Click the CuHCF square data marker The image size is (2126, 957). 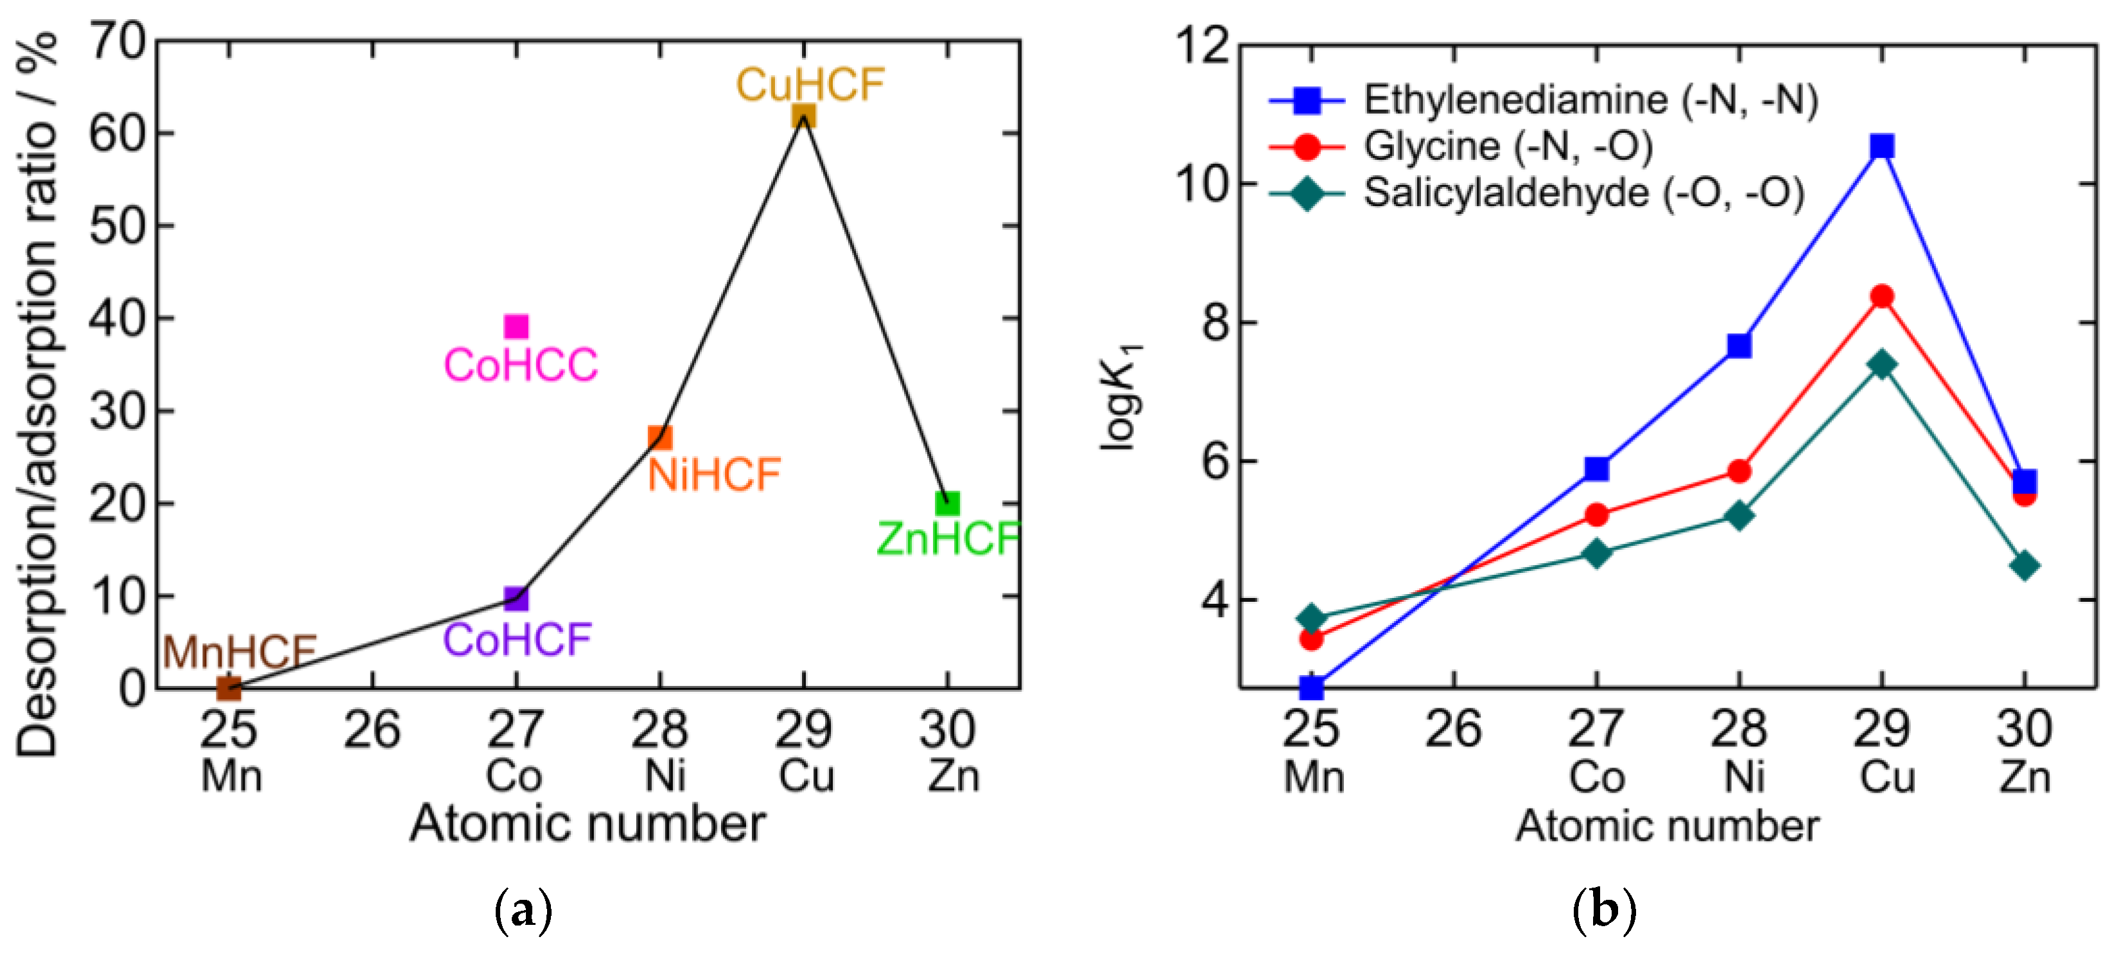pyautogui.click(x=803, y=116)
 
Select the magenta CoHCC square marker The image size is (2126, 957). pyautogui.click(x=516, y=327)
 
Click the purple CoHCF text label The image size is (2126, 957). pyautogui.click(x=518, y=640)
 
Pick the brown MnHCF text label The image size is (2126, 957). pyautogui.click(x=240, y=653)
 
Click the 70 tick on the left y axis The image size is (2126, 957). pyautogui.click(x=118, y=41)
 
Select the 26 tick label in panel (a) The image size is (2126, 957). pyautogui.click(x=372, y=730)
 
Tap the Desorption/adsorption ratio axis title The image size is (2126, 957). pyautogui.click(x=37, y=396)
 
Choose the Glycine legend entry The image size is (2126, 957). pyautogui.click(x=1507, y=146)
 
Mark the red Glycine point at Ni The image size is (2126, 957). pyautogui.click(x=1739, y=471)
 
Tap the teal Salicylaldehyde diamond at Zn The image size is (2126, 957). pyautogui.click(x=2025, y=566)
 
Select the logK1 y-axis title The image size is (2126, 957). pyautogui.click(x=1122, y=396)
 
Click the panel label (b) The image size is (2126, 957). pyautogui.click(x=1603, y=910)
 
